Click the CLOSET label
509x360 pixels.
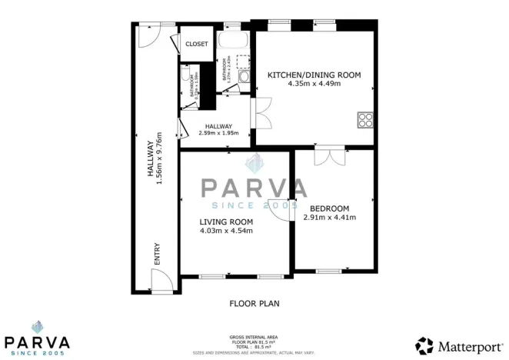pyautogui.click(x=197, y=44)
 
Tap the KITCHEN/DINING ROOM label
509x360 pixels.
pyautogui.click(x=314, y=75)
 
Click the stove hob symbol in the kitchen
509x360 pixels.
pyautogui.click(x=365, y=119)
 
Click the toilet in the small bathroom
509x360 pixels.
pyautogui.click(x=187, y=75)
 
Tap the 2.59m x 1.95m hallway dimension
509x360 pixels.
pyautogui.click(x=218, y=133)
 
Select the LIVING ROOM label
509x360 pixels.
pyautogui.click(x=226, y=222)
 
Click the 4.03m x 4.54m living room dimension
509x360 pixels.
pyautogui.click(x=226, y=230)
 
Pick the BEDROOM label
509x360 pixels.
pyautogui.click(x=329, y=208)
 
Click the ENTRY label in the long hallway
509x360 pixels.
pyautogui.click(x=158, y=255)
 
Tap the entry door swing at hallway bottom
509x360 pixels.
pyautogui.click(x=161, y=284)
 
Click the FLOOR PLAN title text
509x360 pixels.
pyautogui.click(x=254, y=303)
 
